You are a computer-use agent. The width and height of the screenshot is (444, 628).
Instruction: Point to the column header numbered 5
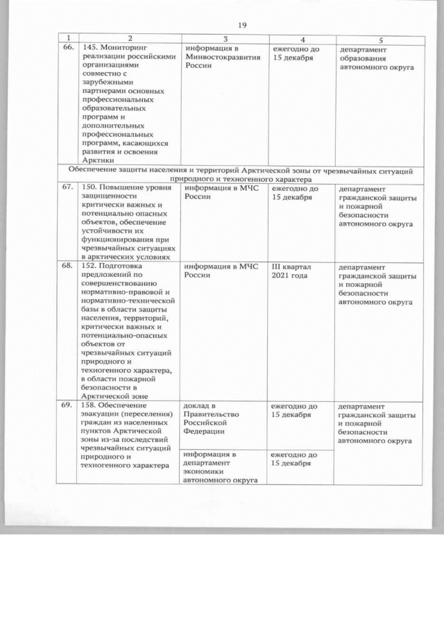click(x=380, y=39)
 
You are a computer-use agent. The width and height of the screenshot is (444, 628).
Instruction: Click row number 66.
click(x=68, y=48)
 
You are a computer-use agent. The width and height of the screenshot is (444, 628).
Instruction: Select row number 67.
click(x=68, y=187)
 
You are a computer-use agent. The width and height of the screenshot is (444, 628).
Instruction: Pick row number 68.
click(x=68, y=264)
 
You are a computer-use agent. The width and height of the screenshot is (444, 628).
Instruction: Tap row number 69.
click(x=68, y=405)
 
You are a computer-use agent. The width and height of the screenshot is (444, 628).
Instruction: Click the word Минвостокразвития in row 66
click(x=223, y=57)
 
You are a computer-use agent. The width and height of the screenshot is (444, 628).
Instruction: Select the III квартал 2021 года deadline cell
click(x=294, y=271)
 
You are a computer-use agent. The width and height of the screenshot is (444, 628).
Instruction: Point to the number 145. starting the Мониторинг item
click(x=92, y=48)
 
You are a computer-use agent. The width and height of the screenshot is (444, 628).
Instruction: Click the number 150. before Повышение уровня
click(x=92, y=187)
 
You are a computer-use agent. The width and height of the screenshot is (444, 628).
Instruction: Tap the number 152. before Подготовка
click(x=92, y=264)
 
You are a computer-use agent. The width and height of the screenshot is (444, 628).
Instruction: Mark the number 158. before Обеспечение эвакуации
click(x=92, y=405)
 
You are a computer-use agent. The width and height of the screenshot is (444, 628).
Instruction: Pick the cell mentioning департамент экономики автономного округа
click(x=221, y=467)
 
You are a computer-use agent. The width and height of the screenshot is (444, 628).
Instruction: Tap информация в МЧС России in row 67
click(x=221, y=192)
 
